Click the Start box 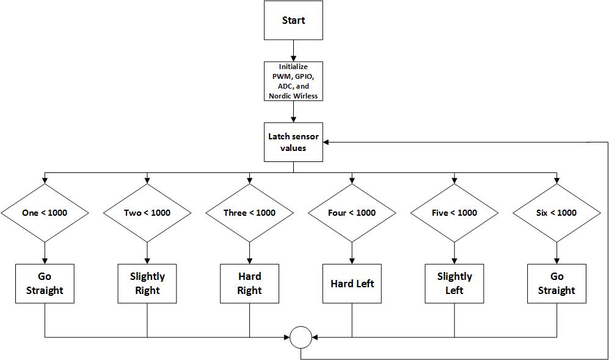293,20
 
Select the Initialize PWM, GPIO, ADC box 293,81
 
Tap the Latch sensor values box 293,142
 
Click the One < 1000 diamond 45,213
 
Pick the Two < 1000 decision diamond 147,213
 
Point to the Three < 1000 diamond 249,213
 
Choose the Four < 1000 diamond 352,213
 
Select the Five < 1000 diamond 454,213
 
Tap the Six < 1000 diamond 556,213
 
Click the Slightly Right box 147,284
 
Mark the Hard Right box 249,284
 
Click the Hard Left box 352,284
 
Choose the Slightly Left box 454,284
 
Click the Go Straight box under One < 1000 45,284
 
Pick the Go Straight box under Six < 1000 556,284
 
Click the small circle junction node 301,326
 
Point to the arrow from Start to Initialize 293,51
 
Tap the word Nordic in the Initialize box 279,95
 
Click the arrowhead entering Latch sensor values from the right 326,142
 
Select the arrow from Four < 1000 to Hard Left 352,253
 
